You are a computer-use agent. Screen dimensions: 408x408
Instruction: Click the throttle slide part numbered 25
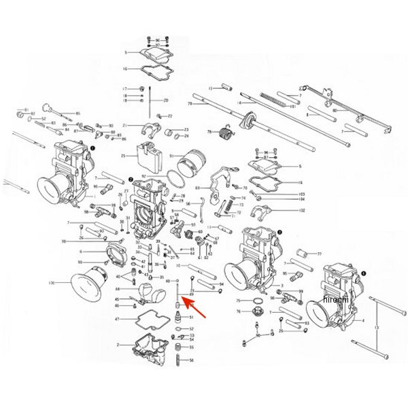pyautogui.click(x=147, y=158)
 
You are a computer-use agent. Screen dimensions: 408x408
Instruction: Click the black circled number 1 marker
pyautogui.click(x=92, y=145)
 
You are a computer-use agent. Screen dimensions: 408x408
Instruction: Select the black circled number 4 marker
pyautogui.click(x=362, y=272)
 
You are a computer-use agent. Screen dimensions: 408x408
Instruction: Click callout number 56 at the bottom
pyautogui.click(x=192, y=360)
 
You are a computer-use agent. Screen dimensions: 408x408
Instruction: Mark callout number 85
pyautogui.click(x=78, y=113)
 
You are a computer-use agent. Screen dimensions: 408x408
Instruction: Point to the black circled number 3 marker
pyautogui.click(x=279, y=232)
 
